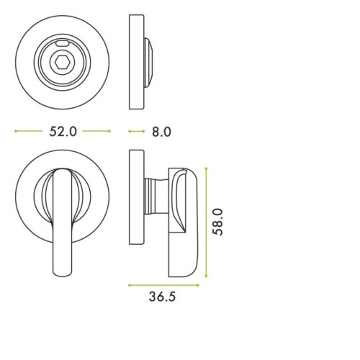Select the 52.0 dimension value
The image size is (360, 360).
(63, 132)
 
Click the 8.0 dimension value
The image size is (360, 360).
(161, 132)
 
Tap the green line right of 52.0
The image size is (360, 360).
(97, 132)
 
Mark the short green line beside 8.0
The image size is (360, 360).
(135, 132)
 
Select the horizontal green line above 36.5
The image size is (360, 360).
(168, 283)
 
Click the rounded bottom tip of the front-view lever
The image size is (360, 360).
(63, 270)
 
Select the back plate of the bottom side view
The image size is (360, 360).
(134, 198)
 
